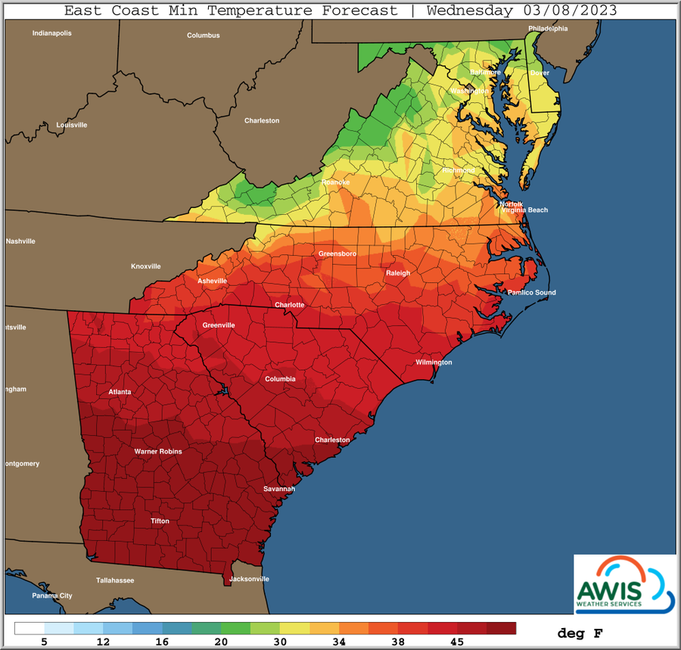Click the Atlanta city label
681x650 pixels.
pyautogui.click(x=120, y=391)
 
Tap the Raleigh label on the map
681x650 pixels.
pyautogui.click(x=398, y=273)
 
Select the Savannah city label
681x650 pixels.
pyautogui.click(x=278, y=489)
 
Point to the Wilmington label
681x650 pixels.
pyautogui.click(x=434, y=362)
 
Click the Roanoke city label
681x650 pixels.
pyautogui.click(x=335, y=182)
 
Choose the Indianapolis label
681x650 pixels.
pyautogui.click(x=51, y=33)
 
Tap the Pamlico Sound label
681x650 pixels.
pyautogui.click(x=531, y=293)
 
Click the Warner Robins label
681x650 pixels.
pyautogui.click(x=158, y=452)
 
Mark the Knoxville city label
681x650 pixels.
pyautogui.click(x=146, y=266)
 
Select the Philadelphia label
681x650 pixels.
pyautogui.click(x=548, y=29)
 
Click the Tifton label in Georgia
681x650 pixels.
pyautogui.click(x=160, y=521)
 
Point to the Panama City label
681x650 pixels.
pyautogui.click(x=51, y=596)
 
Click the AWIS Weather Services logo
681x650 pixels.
pyautogui.click(x=623, y=583)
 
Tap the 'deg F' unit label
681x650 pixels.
pyautogui.click(x=580, y=632)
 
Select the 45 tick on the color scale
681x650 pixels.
pyautogui.click(x=457, y=642)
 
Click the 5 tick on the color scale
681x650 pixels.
pyautogui.click(x=45, y=642)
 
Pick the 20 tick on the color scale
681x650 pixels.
pyautogui.click(x=222, y=642)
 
